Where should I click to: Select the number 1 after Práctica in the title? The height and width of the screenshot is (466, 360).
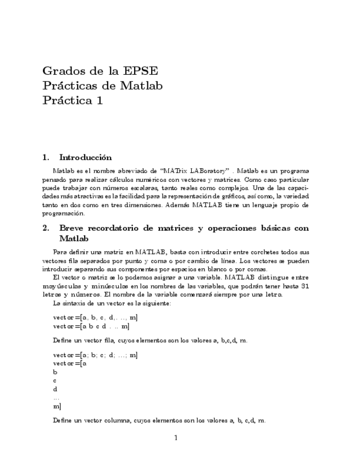(x=100, y=101)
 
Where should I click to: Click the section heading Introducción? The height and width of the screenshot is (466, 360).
(x=85, y=158)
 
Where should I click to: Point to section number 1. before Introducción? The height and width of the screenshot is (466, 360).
(x=46, y=158)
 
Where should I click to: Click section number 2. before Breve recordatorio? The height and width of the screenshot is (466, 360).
(x=46, y=228)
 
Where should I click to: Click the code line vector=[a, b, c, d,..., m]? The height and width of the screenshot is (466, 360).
(x=95, y=318)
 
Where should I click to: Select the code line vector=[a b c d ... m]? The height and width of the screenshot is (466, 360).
(x=91, y=326)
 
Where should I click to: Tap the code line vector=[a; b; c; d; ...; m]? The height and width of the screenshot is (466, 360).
(x=95, y=355)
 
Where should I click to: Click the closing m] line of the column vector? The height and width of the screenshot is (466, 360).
(x=57, y=406)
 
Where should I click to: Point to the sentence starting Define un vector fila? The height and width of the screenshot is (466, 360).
(x=150, y=340)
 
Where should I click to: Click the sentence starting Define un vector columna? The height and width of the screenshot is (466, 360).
(x=159, y=420)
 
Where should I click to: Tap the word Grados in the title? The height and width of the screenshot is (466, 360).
(x=61, y=71)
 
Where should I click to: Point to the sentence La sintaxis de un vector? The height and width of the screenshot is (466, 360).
(x=112, y=303)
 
